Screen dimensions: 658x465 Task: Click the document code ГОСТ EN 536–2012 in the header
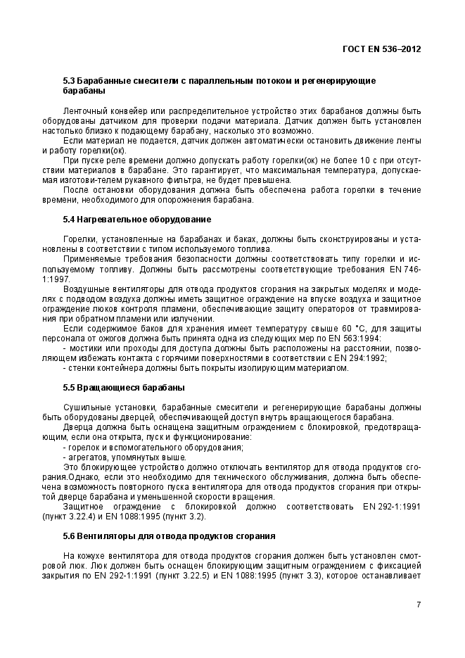381,49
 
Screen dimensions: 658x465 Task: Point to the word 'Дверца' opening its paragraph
77,427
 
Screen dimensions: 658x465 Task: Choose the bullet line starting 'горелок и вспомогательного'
154,447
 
